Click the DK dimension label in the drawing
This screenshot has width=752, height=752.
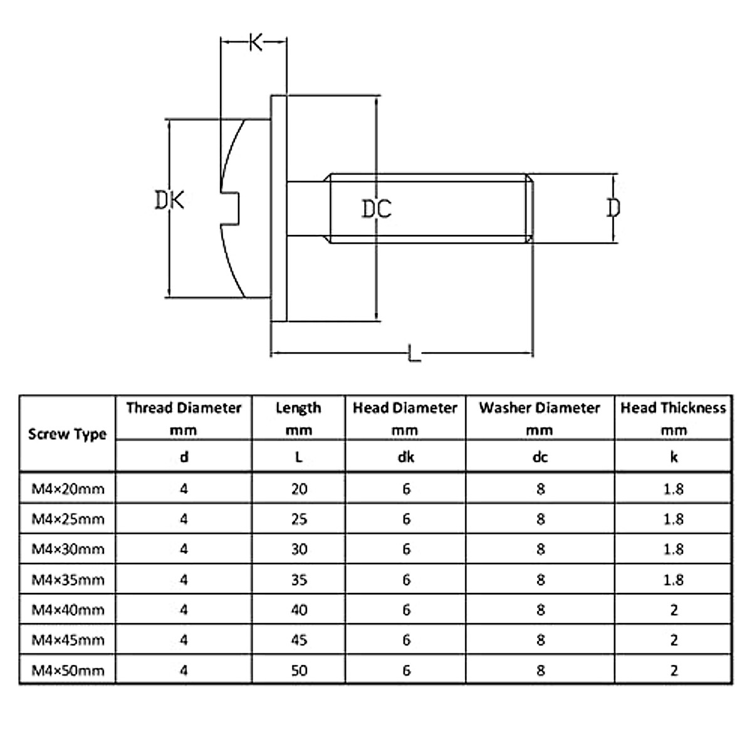[x=169, y=201]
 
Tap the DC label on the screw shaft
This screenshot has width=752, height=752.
[x=377, y=208]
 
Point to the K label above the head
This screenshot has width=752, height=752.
[x=256, y=43]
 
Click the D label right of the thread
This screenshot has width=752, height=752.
[x=614, y=207]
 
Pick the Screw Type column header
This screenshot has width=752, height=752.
[x=68, y=434]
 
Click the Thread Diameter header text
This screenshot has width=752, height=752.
[x=184, y=408]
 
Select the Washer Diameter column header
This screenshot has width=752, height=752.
[x=540, y=408]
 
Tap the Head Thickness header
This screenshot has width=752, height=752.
[x=673, y=408]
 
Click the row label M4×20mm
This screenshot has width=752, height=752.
[x=68, y=489]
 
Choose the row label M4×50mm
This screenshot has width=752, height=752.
[x=68, y=671]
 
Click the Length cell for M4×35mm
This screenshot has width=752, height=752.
[x=299, y=580]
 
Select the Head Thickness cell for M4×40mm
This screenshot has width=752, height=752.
[x=674, y=610]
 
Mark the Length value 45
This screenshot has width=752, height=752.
[x=299, y=640]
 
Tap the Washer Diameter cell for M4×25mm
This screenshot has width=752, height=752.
[x=540, y=519]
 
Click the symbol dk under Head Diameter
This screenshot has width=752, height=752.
[x=405, y=457]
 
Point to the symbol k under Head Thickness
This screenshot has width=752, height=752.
[x=674, y=457]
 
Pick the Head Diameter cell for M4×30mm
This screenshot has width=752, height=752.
[x=406, y=550]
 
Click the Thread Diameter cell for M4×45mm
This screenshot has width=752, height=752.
[x=184, y=640]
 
